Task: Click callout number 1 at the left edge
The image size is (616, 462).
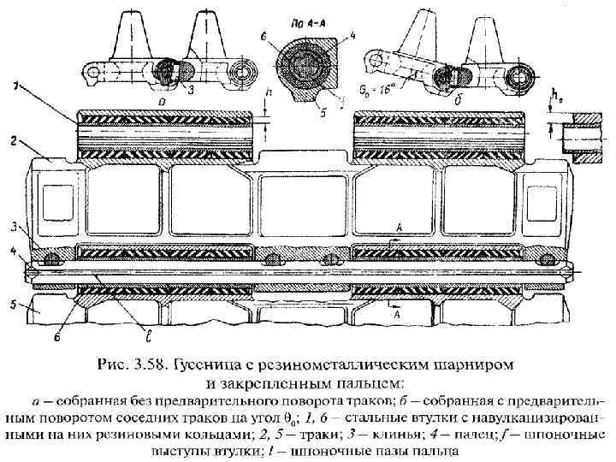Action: click(16, 84)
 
